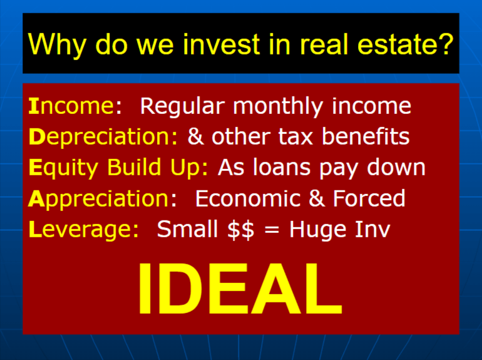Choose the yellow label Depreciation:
click(103, 137)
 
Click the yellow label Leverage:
click(84, 230)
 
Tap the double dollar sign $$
click(241, 230)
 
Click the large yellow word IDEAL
click(240, 289)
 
